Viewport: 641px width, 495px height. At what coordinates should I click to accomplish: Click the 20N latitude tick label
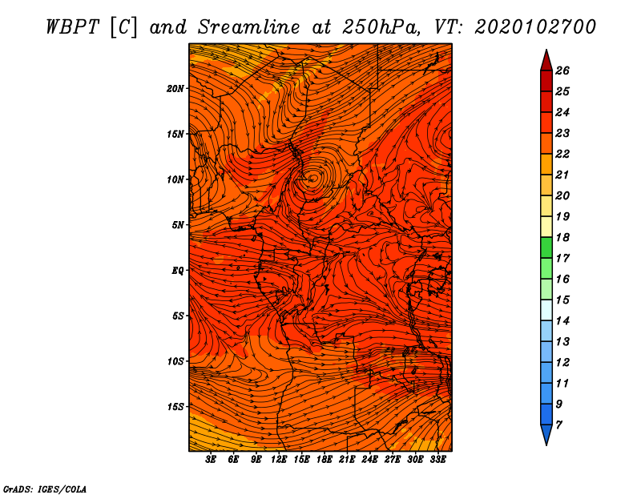(175, 89)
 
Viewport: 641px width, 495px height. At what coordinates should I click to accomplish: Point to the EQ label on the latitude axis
(178, 271)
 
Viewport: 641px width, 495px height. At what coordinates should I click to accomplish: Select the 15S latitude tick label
(175, 407)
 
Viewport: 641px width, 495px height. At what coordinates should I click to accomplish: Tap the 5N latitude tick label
(178, 225)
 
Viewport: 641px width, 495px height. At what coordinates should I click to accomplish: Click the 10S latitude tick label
(175, 361)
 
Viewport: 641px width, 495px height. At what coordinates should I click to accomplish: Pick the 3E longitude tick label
(210, 460)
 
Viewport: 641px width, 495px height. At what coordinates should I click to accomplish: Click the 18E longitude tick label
(324, 460)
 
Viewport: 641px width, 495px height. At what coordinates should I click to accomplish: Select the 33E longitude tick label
(437, 460)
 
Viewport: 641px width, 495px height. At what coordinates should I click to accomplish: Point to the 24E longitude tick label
(369, 460)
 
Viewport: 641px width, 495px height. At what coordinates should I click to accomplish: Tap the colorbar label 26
(562, 70)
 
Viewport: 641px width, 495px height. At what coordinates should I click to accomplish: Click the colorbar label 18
(562, 237)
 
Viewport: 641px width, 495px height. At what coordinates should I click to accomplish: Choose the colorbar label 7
(558, 425)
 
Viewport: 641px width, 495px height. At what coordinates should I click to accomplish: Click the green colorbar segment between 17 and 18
(546, 247)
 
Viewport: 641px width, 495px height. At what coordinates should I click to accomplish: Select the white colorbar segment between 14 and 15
(546, 310)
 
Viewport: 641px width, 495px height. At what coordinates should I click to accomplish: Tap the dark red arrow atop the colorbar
(546, 61)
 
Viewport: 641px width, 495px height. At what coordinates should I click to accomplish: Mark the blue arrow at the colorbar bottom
(546, 435)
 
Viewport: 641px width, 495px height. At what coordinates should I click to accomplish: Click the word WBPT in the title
(72, 27)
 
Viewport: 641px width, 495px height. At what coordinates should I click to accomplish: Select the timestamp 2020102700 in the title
(535, 27)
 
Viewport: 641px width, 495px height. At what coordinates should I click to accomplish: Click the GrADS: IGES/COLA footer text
(45, 489)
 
